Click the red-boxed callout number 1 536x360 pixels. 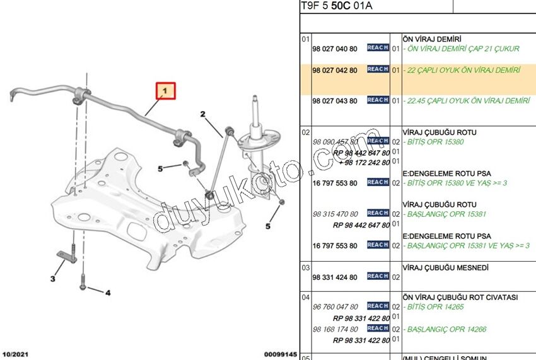[165, 91]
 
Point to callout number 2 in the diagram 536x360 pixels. [203, 114]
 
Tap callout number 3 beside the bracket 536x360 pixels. [53, 279]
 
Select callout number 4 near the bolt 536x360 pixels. [108, 293]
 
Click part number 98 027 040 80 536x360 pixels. [335, 49]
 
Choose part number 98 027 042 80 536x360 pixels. [335, 70]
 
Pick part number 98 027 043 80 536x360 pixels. [335, 101]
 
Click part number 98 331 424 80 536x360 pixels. [335, 277]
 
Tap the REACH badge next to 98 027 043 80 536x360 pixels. [378, 100]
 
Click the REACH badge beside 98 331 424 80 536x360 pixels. [378, 276]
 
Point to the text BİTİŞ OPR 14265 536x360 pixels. [435, 307]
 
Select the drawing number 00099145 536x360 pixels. [280, 355]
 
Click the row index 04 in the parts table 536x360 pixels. [305, 297]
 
